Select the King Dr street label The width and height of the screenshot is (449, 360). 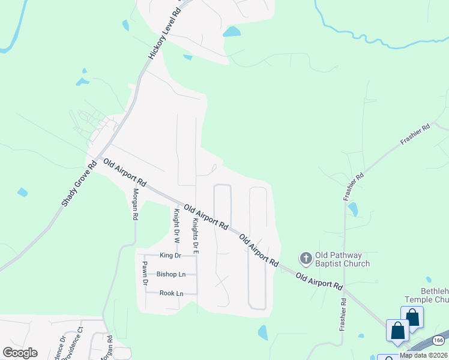[x=170, y=255]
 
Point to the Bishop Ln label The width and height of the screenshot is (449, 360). [x=171, y=274]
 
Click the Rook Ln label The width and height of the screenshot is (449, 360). [x=171, y=293]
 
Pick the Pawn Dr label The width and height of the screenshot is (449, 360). [x=145, y=272]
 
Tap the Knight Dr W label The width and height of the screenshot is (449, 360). [x=176, y=226]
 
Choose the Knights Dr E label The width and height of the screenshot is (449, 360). [x=195, y=236]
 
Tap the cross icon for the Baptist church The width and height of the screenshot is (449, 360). [x=306, y=259]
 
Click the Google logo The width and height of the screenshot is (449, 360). [x=20, y=353]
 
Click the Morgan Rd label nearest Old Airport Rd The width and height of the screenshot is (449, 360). [x=136, y=203]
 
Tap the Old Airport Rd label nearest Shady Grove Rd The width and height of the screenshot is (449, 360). [x=125, y=172]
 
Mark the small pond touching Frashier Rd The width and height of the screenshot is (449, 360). [x=353, y=209]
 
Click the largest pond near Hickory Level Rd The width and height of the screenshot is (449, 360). [x=232, y=31]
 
